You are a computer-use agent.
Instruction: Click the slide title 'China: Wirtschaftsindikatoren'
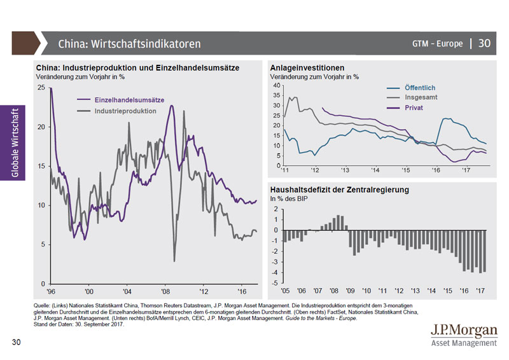129,44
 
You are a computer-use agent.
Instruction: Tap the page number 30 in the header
485,43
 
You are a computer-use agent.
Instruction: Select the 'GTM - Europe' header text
438,43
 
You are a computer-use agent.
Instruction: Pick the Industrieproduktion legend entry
125,111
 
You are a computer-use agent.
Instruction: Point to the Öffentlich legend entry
419,87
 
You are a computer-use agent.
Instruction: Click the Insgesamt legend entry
421,97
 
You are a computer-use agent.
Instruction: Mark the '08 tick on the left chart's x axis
165,291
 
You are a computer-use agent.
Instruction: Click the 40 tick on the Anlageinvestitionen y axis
275,85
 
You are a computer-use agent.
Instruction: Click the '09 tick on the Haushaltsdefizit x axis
349,291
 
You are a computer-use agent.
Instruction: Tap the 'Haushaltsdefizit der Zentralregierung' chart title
339,190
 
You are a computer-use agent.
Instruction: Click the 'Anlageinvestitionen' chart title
307,68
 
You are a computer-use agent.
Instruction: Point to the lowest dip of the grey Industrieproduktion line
174,261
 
